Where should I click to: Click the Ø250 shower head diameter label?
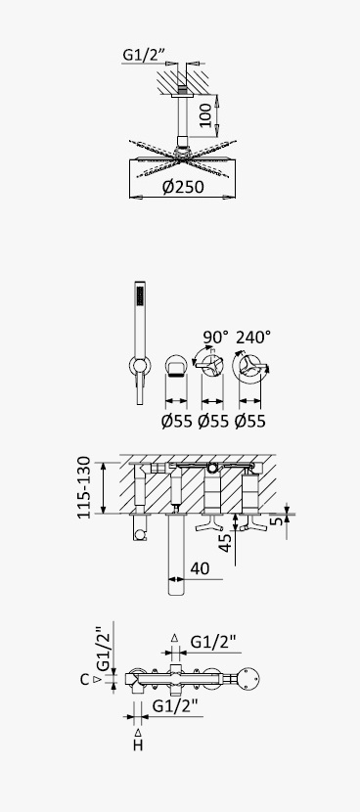(x=183, y=187)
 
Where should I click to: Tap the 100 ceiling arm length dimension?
(x=205, y=115)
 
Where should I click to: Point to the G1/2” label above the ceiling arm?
(x=143, y=55)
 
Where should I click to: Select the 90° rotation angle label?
(x=215, y=338)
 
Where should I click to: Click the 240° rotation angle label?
(x=253, y=338)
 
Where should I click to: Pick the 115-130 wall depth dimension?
(x=84, y=487)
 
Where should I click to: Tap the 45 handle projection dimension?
(x=225, y=543)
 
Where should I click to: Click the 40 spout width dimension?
(x=200, y=568)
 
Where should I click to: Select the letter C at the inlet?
(x=85, y=679)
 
